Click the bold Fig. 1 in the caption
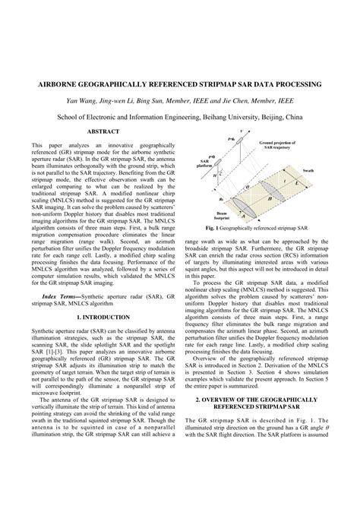[x=213, y=227]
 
